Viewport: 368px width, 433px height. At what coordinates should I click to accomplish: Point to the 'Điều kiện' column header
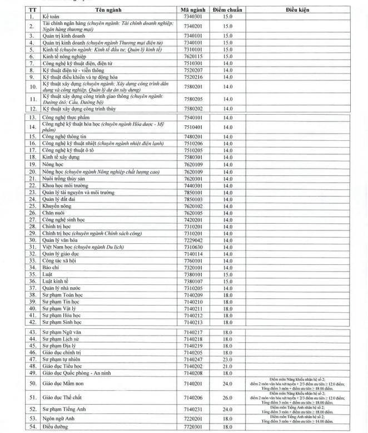(x=305, y=10)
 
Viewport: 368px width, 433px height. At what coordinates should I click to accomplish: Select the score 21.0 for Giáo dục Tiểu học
(x=228, y=367)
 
